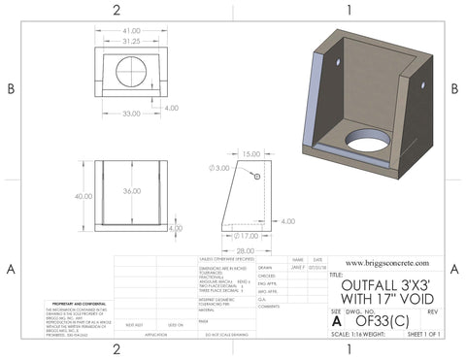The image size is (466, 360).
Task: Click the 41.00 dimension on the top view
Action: tap(133, 29)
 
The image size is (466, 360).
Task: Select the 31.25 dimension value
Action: tap(133, 42)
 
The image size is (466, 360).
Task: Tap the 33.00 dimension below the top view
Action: tap(133, 115)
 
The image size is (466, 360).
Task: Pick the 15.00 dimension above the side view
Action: tap(250, 154)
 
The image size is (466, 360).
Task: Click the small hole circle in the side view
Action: tap(256, 178)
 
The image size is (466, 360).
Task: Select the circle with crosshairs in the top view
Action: tap(133, 71)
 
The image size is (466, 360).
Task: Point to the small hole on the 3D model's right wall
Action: tap(424, 84)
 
